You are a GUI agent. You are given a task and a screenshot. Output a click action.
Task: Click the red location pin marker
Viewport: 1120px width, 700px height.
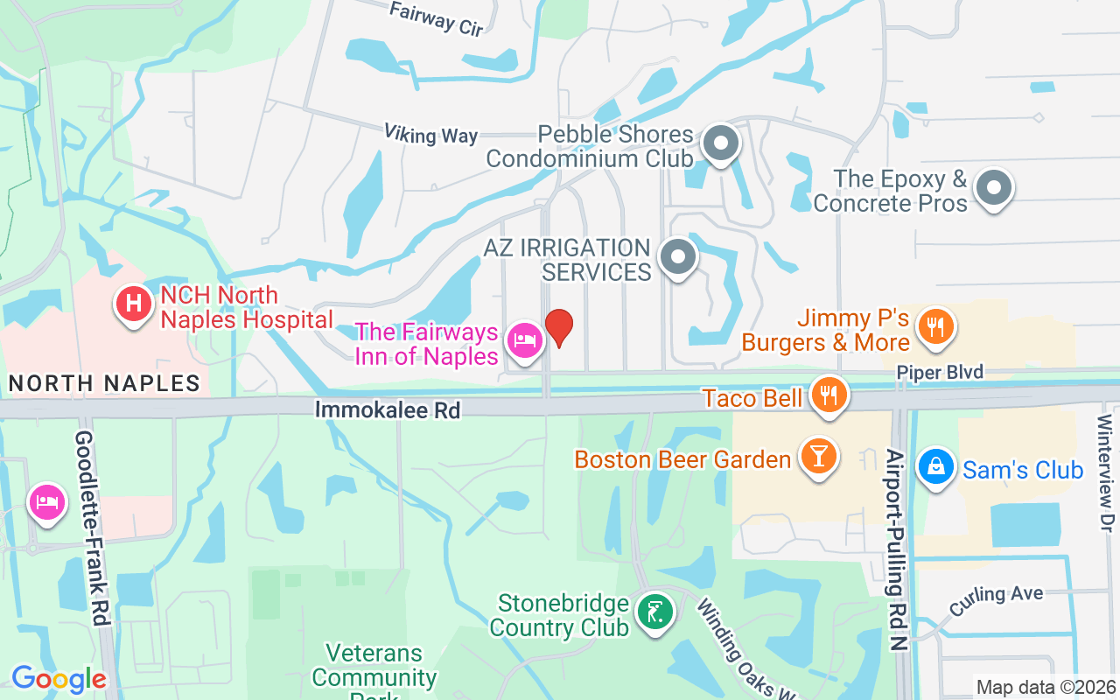(559, 326)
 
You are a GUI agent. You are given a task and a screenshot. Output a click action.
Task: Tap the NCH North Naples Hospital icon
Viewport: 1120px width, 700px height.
(134, 304)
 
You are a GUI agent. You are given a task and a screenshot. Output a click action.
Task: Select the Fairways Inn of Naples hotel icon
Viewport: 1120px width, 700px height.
(524, 338)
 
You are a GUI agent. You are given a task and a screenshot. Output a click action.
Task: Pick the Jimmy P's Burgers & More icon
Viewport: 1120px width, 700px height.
(935, 327)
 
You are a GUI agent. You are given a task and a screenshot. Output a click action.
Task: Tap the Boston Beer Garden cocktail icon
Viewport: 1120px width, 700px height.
(819, 456)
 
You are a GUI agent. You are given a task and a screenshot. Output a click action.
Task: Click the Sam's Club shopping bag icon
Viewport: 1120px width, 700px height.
(935, 465)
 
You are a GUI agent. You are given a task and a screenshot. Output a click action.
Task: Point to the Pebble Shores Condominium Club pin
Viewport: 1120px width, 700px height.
(721, 142)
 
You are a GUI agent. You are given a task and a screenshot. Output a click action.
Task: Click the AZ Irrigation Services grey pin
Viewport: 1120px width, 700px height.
(676, 257)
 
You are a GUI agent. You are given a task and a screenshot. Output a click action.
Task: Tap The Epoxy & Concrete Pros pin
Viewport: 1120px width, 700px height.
(993, 187)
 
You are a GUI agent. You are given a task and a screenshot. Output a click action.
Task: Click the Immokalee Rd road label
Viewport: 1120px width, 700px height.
(387, 409)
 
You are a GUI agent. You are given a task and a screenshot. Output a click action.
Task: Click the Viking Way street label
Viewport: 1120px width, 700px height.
(430, 134)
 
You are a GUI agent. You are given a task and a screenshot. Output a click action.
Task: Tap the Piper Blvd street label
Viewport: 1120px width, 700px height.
(939, 372)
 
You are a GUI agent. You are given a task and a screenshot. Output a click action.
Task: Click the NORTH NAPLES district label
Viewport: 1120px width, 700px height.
(104, 383)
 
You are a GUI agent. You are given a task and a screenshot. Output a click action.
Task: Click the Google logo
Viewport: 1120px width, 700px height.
(59, 678)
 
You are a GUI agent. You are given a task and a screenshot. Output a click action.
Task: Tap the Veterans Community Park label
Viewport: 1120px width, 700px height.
(374, 669)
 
